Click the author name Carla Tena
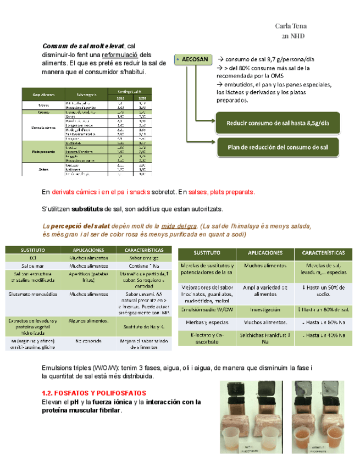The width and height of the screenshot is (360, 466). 290,26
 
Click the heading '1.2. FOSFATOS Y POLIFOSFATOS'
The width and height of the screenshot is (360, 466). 94,393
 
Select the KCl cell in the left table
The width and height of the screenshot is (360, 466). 33,257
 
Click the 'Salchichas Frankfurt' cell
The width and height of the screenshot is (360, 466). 264,335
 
